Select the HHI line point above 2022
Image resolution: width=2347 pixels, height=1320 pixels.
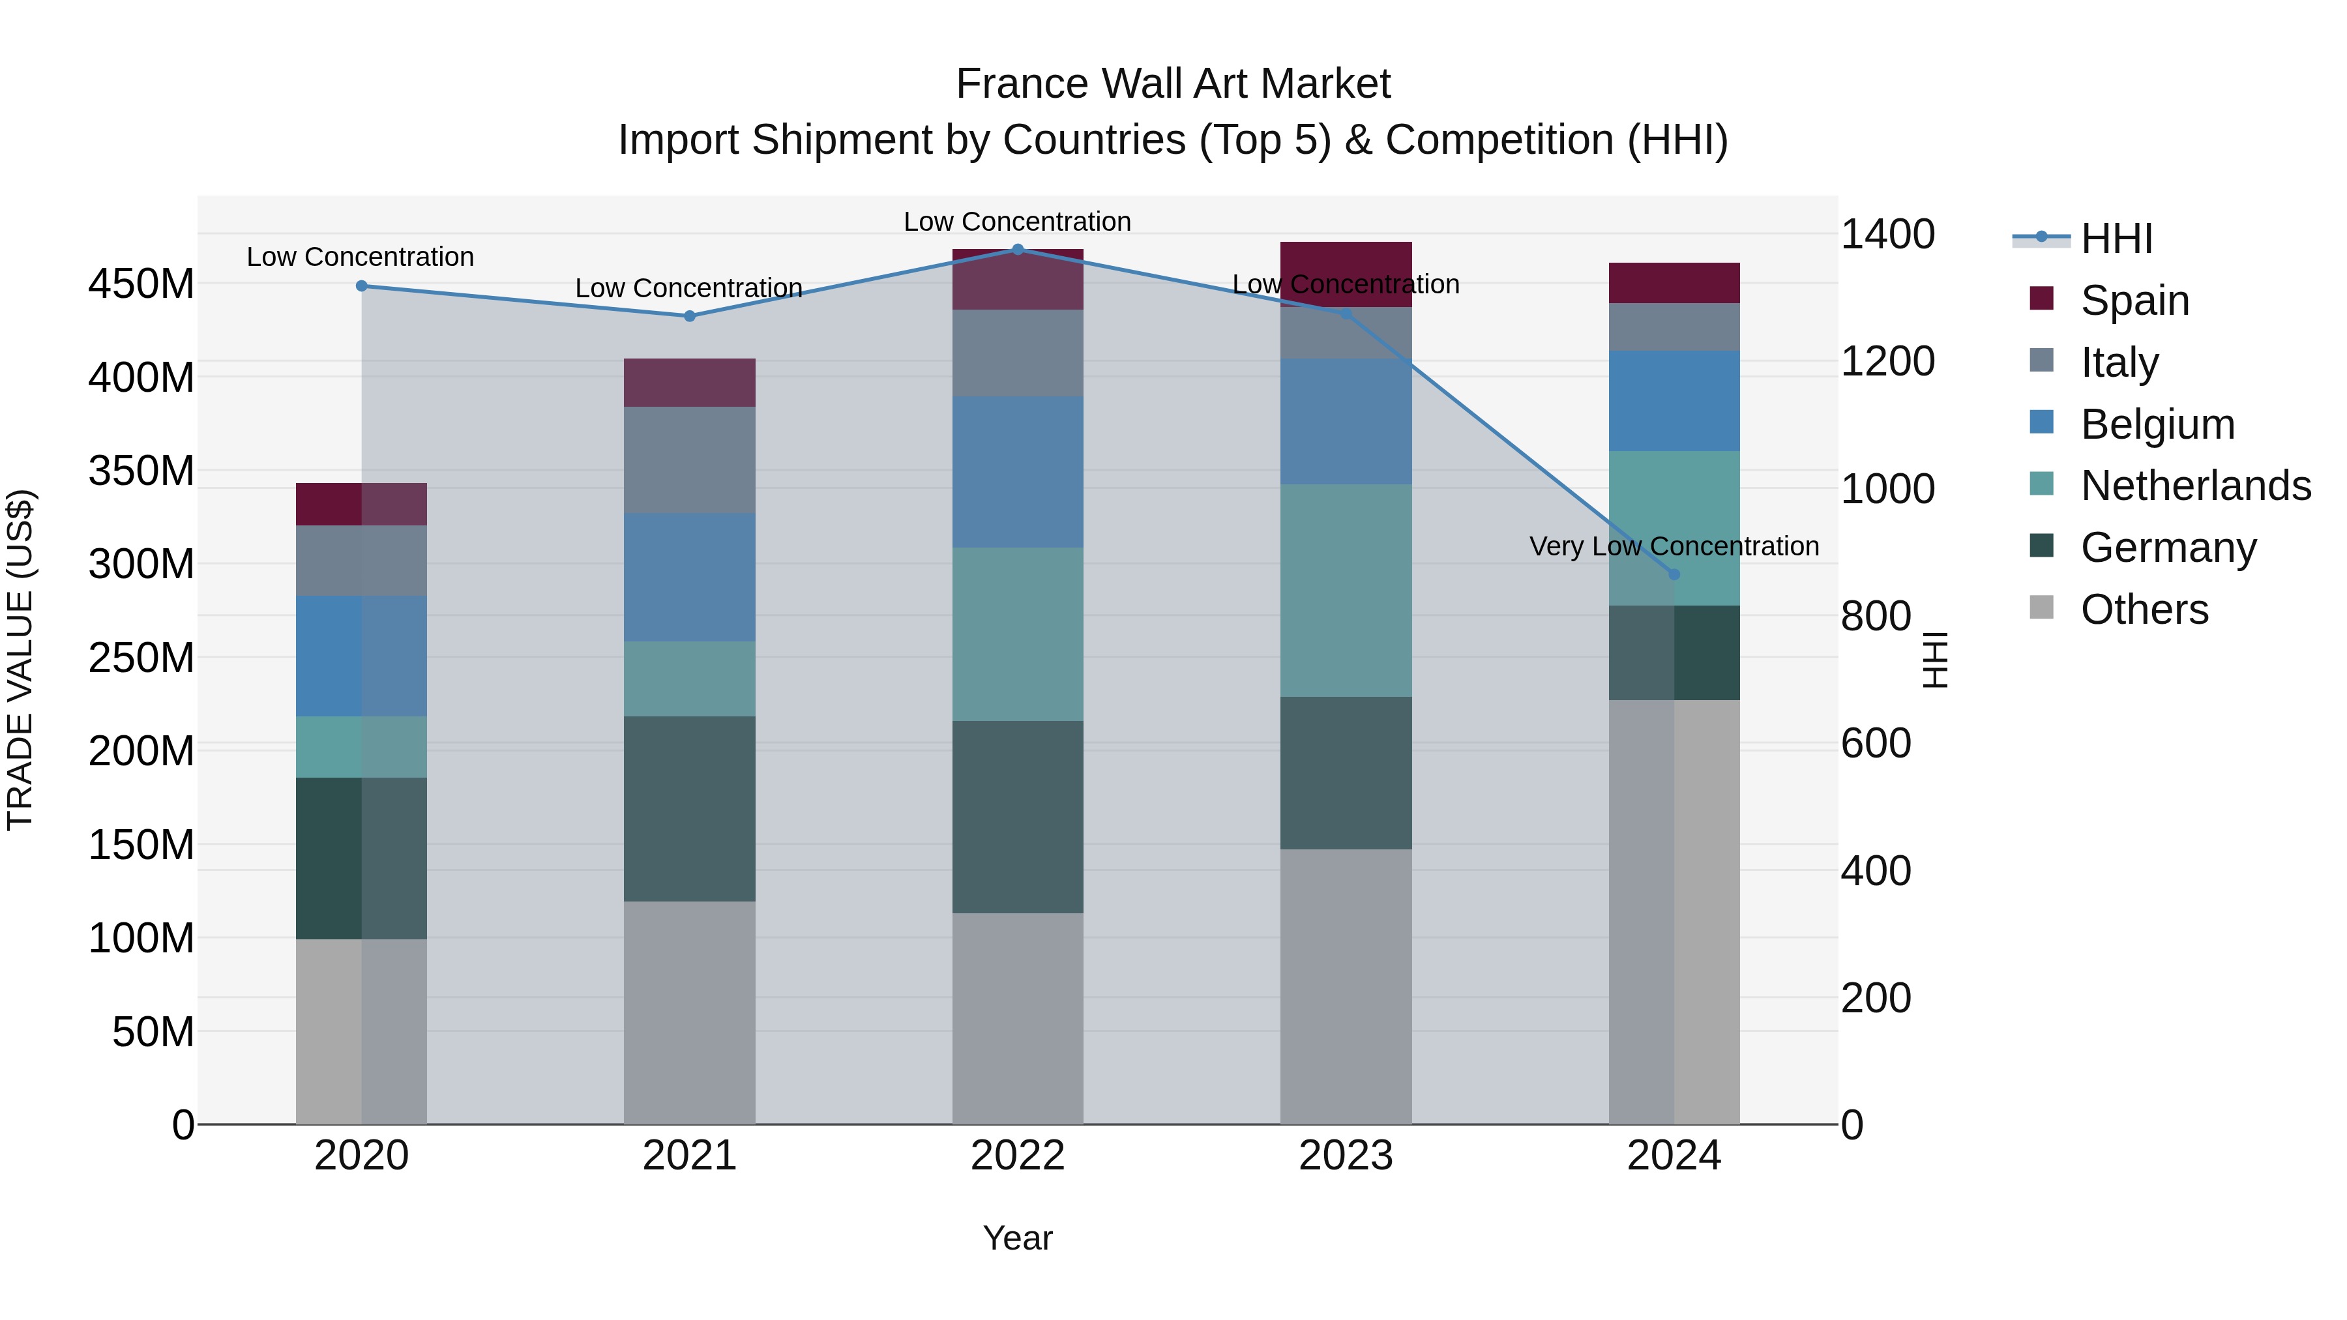click(1018, 250)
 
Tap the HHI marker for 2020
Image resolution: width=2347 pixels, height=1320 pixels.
click(362, 286)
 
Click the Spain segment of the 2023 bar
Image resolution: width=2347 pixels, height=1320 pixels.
click(1346, 273)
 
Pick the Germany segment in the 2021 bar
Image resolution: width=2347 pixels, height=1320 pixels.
click(690, 809)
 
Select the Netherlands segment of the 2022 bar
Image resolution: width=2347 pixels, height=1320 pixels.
click(1018, 634)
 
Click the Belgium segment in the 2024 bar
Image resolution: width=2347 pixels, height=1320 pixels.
click(1674, 401)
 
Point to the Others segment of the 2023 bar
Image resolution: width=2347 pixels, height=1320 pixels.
click(1346, 987)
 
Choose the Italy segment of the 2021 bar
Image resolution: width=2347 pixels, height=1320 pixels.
click(690, 460)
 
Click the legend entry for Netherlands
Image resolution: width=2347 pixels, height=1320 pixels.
click(2196, 486)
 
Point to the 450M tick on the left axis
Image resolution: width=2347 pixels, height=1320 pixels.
click(141, 284)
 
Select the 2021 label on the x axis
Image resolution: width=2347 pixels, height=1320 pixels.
click(690, 1156)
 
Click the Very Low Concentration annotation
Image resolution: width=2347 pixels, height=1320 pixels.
click(1674, 547)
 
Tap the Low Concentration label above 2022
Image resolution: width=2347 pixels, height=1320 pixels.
click(1017, 222)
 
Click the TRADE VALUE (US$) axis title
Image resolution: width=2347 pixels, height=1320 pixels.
click(20, 660)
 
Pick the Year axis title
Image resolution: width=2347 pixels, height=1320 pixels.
click(1018, 1238)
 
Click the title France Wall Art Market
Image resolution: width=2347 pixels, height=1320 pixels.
click(1173, 84)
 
